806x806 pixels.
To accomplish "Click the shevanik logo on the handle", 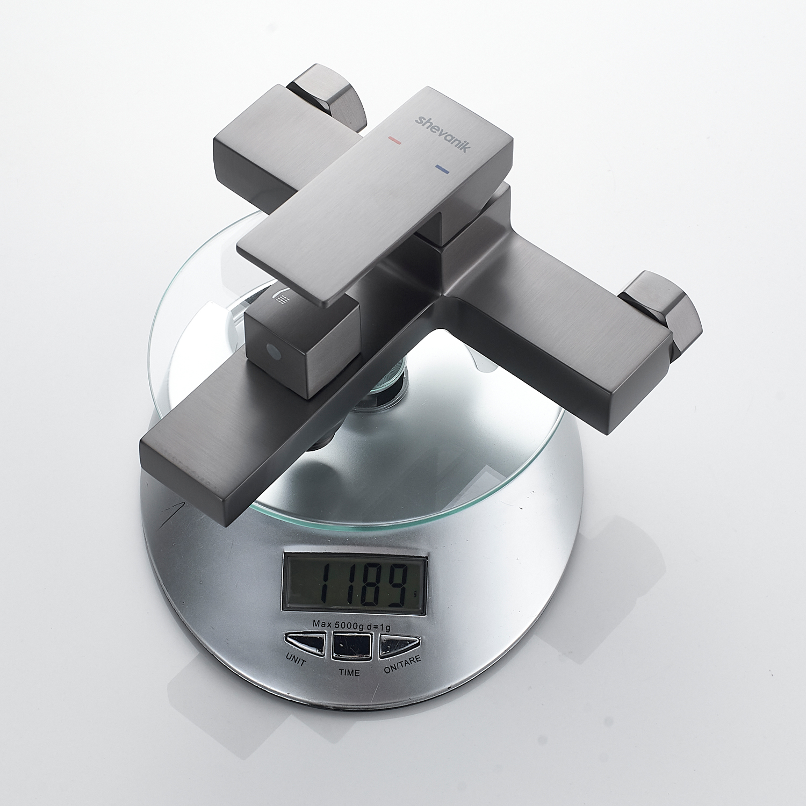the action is point(442,134).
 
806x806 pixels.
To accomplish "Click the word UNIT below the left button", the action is point(296,659).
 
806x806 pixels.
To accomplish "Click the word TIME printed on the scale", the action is point(349,672).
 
